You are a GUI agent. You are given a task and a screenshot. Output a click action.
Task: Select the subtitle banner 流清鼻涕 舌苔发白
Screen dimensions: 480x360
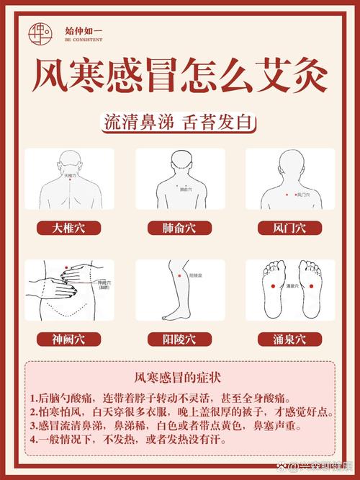click(179, 123)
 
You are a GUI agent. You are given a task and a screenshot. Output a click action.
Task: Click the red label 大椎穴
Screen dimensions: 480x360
click(68, 228)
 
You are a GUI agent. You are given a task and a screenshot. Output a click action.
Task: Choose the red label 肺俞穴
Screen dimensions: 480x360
click(179, 228)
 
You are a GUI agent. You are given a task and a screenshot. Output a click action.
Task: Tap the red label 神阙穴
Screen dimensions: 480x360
click(68, 339)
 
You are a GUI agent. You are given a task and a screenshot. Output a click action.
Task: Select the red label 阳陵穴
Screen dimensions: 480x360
click(179, 339)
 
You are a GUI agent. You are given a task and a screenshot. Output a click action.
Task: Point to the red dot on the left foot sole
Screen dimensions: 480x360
click(274, 287)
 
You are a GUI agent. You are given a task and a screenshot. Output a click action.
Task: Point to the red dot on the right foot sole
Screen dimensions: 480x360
click(312, 287)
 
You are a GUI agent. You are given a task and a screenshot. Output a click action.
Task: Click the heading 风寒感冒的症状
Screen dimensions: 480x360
click(179, 377)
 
